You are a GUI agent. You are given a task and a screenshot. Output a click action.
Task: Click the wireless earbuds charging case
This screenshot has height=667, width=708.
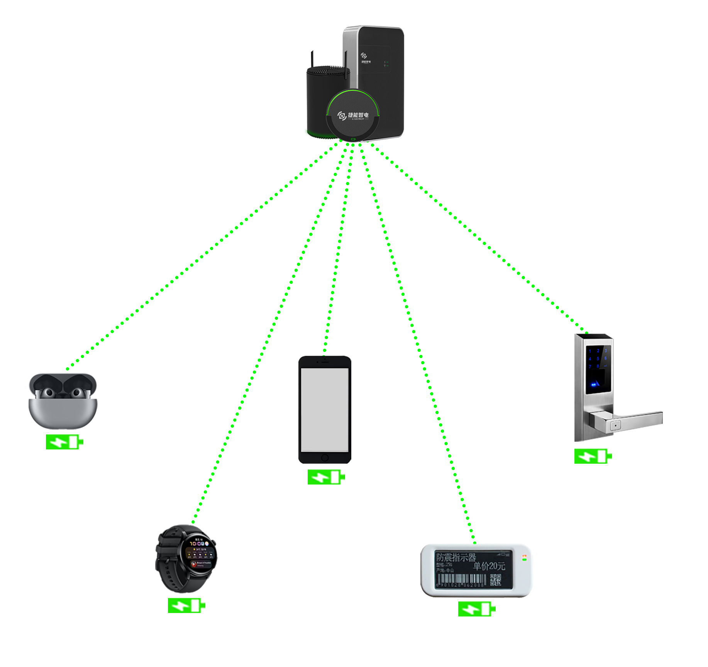tap(63, 401)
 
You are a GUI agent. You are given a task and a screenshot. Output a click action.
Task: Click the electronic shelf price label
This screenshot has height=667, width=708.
tap(476, 570)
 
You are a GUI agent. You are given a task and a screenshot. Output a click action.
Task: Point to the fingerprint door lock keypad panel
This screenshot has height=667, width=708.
tap(597, 368)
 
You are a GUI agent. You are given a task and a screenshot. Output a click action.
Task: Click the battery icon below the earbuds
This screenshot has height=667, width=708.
tap(64, 442)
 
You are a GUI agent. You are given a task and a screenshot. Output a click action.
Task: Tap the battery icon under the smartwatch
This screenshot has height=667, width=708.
tap(186, 605)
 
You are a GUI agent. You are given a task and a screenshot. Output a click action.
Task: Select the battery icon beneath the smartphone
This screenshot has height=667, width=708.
tap(326, 477)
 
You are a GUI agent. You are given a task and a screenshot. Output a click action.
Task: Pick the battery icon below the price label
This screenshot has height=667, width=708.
tap(476, 609)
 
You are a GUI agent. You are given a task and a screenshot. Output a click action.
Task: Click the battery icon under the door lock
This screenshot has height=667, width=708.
tap(593, 456)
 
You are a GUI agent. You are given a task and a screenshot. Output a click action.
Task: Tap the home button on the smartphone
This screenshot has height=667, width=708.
tap(325, 458)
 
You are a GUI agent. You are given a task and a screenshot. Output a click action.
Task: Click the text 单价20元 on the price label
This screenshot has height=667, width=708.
tap(489, 566)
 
